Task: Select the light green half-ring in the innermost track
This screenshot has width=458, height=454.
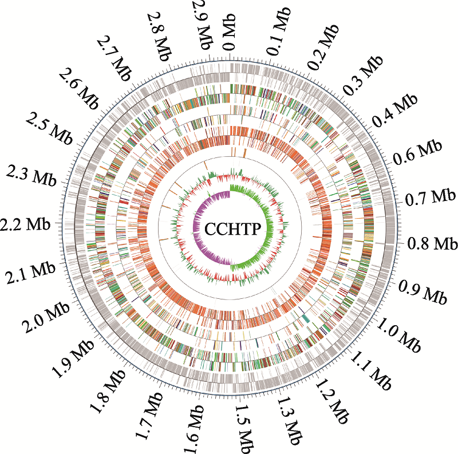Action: coord(257,229)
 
